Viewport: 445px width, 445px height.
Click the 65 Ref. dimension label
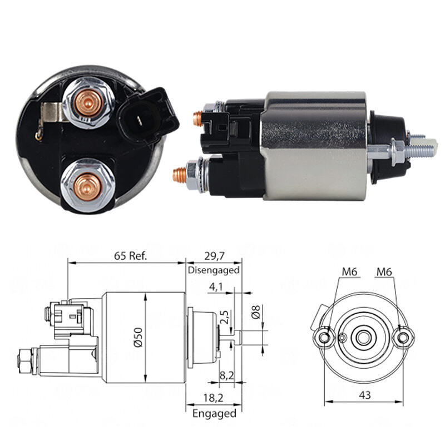pyautogui.click(x=131, y=256)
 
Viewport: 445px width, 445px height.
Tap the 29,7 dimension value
pyautogui.click(x=214, y=256)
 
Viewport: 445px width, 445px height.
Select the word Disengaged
pyautogui.click(x=214, y=270)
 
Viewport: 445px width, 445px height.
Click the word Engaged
pyautogui.click(x=214, y=413)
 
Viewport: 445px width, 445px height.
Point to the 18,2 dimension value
pyautogui.click(x=214, y=398)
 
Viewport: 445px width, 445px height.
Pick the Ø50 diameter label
pyautogui.click(x=138, y=338)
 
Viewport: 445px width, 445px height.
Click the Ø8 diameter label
pyautogui.click(x=256, y=312)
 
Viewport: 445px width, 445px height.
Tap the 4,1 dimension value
pyautogui.click(x=216, y=287)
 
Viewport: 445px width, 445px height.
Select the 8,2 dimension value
pyautogui.click(x=226, y=375)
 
